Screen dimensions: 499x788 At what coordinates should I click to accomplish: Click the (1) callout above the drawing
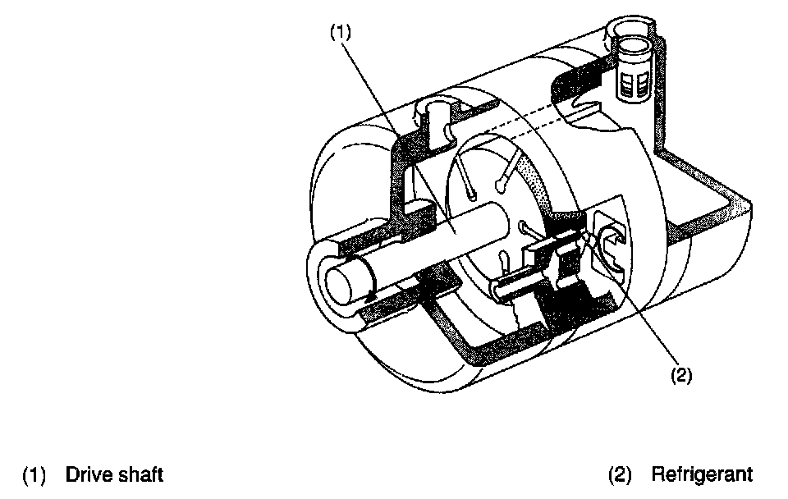coord(341,33)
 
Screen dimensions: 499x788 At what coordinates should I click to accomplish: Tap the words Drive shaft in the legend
coord(114,474)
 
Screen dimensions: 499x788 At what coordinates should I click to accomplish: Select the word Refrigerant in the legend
coord(701,474)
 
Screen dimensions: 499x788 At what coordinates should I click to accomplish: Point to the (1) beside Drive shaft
coord(34,474)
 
